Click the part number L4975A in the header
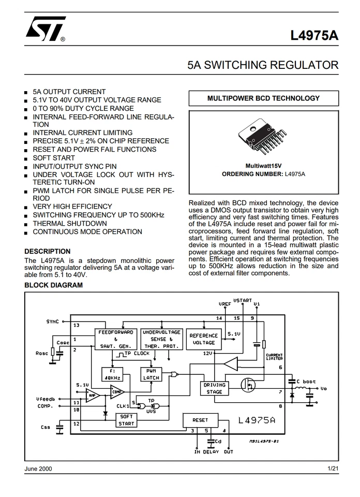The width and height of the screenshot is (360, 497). (x=314, y=36)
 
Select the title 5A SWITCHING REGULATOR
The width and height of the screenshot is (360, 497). (x=263, y=65)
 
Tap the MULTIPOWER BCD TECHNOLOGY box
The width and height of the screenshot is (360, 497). (x=263, y=98)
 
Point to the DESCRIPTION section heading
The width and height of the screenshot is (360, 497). (x=48, y=251)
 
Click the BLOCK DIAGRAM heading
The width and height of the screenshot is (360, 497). (x=53, y=285)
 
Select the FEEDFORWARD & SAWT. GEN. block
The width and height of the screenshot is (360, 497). (x=116, y=339)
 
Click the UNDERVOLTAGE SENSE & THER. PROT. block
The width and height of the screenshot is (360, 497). (x=161, y=339)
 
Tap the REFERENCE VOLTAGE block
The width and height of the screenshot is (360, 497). (x=204, y=339)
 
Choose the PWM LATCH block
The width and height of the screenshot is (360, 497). (x=151, y=374)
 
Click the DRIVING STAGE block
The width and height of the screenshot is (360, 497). (x=214, y=388)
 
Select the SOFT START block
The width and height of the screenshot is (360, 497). (x=126, y=420)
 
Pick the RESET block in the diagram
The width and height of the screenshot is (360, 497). (x=200, y=420)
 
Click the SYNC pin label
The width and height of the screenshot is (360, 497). (x=52, y=321)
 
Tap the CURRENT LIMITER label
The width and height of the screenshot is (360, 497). (x=274, y=357)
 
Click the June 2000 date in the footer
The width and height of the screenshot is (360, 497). (x=38, y=469)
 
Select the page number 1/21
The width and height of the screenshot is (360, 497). (x=333, y=469)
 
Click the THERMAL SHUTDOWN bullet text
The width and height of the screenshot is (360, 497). (x=70, y=223)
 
